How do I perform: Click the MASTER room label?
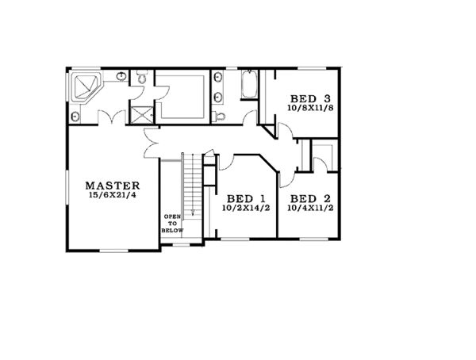click(113, 184)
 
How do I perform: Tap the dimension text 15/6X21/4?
click(113, 196)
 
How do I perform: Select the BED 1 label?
click(244, 198)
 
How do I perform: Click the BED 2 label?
click(309, 198)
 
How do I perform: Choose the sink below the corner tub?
click(75, 116)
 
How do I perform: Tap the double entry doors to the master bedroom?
click(151, 143)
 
